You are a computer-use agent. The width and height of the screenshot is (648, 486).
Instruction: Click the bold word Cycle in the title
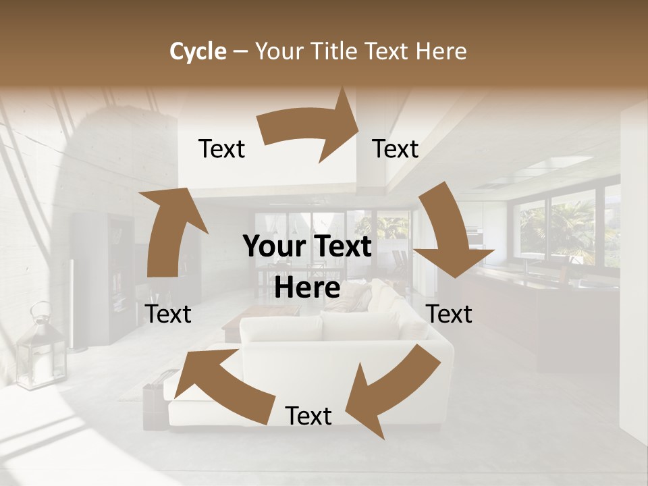[x=198, y=51]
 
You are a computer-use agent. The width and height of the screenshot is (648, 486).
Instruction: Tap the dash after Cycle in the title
[x=241, y=51]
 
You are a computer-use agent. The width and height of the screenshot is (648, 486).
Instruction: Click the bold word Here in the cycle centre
[x=307, y=288]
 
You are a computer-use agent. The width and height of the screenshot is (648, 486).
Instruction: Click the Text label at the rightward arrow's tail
[x=221, y=148]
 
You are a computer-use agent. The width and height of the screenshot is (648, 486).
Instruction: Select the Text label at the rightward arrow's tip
[x=396, y=148]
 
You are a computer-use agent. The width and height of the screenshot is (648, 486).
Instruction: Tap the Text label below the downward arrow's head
[x=450, y=314]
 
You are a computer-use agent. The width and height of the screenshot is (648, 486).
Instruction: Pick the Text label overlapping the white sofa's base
[x=308, y=416]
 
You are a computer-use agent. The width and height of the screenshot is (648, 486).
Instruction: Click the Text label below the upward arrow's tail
[x=168, y=314]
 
